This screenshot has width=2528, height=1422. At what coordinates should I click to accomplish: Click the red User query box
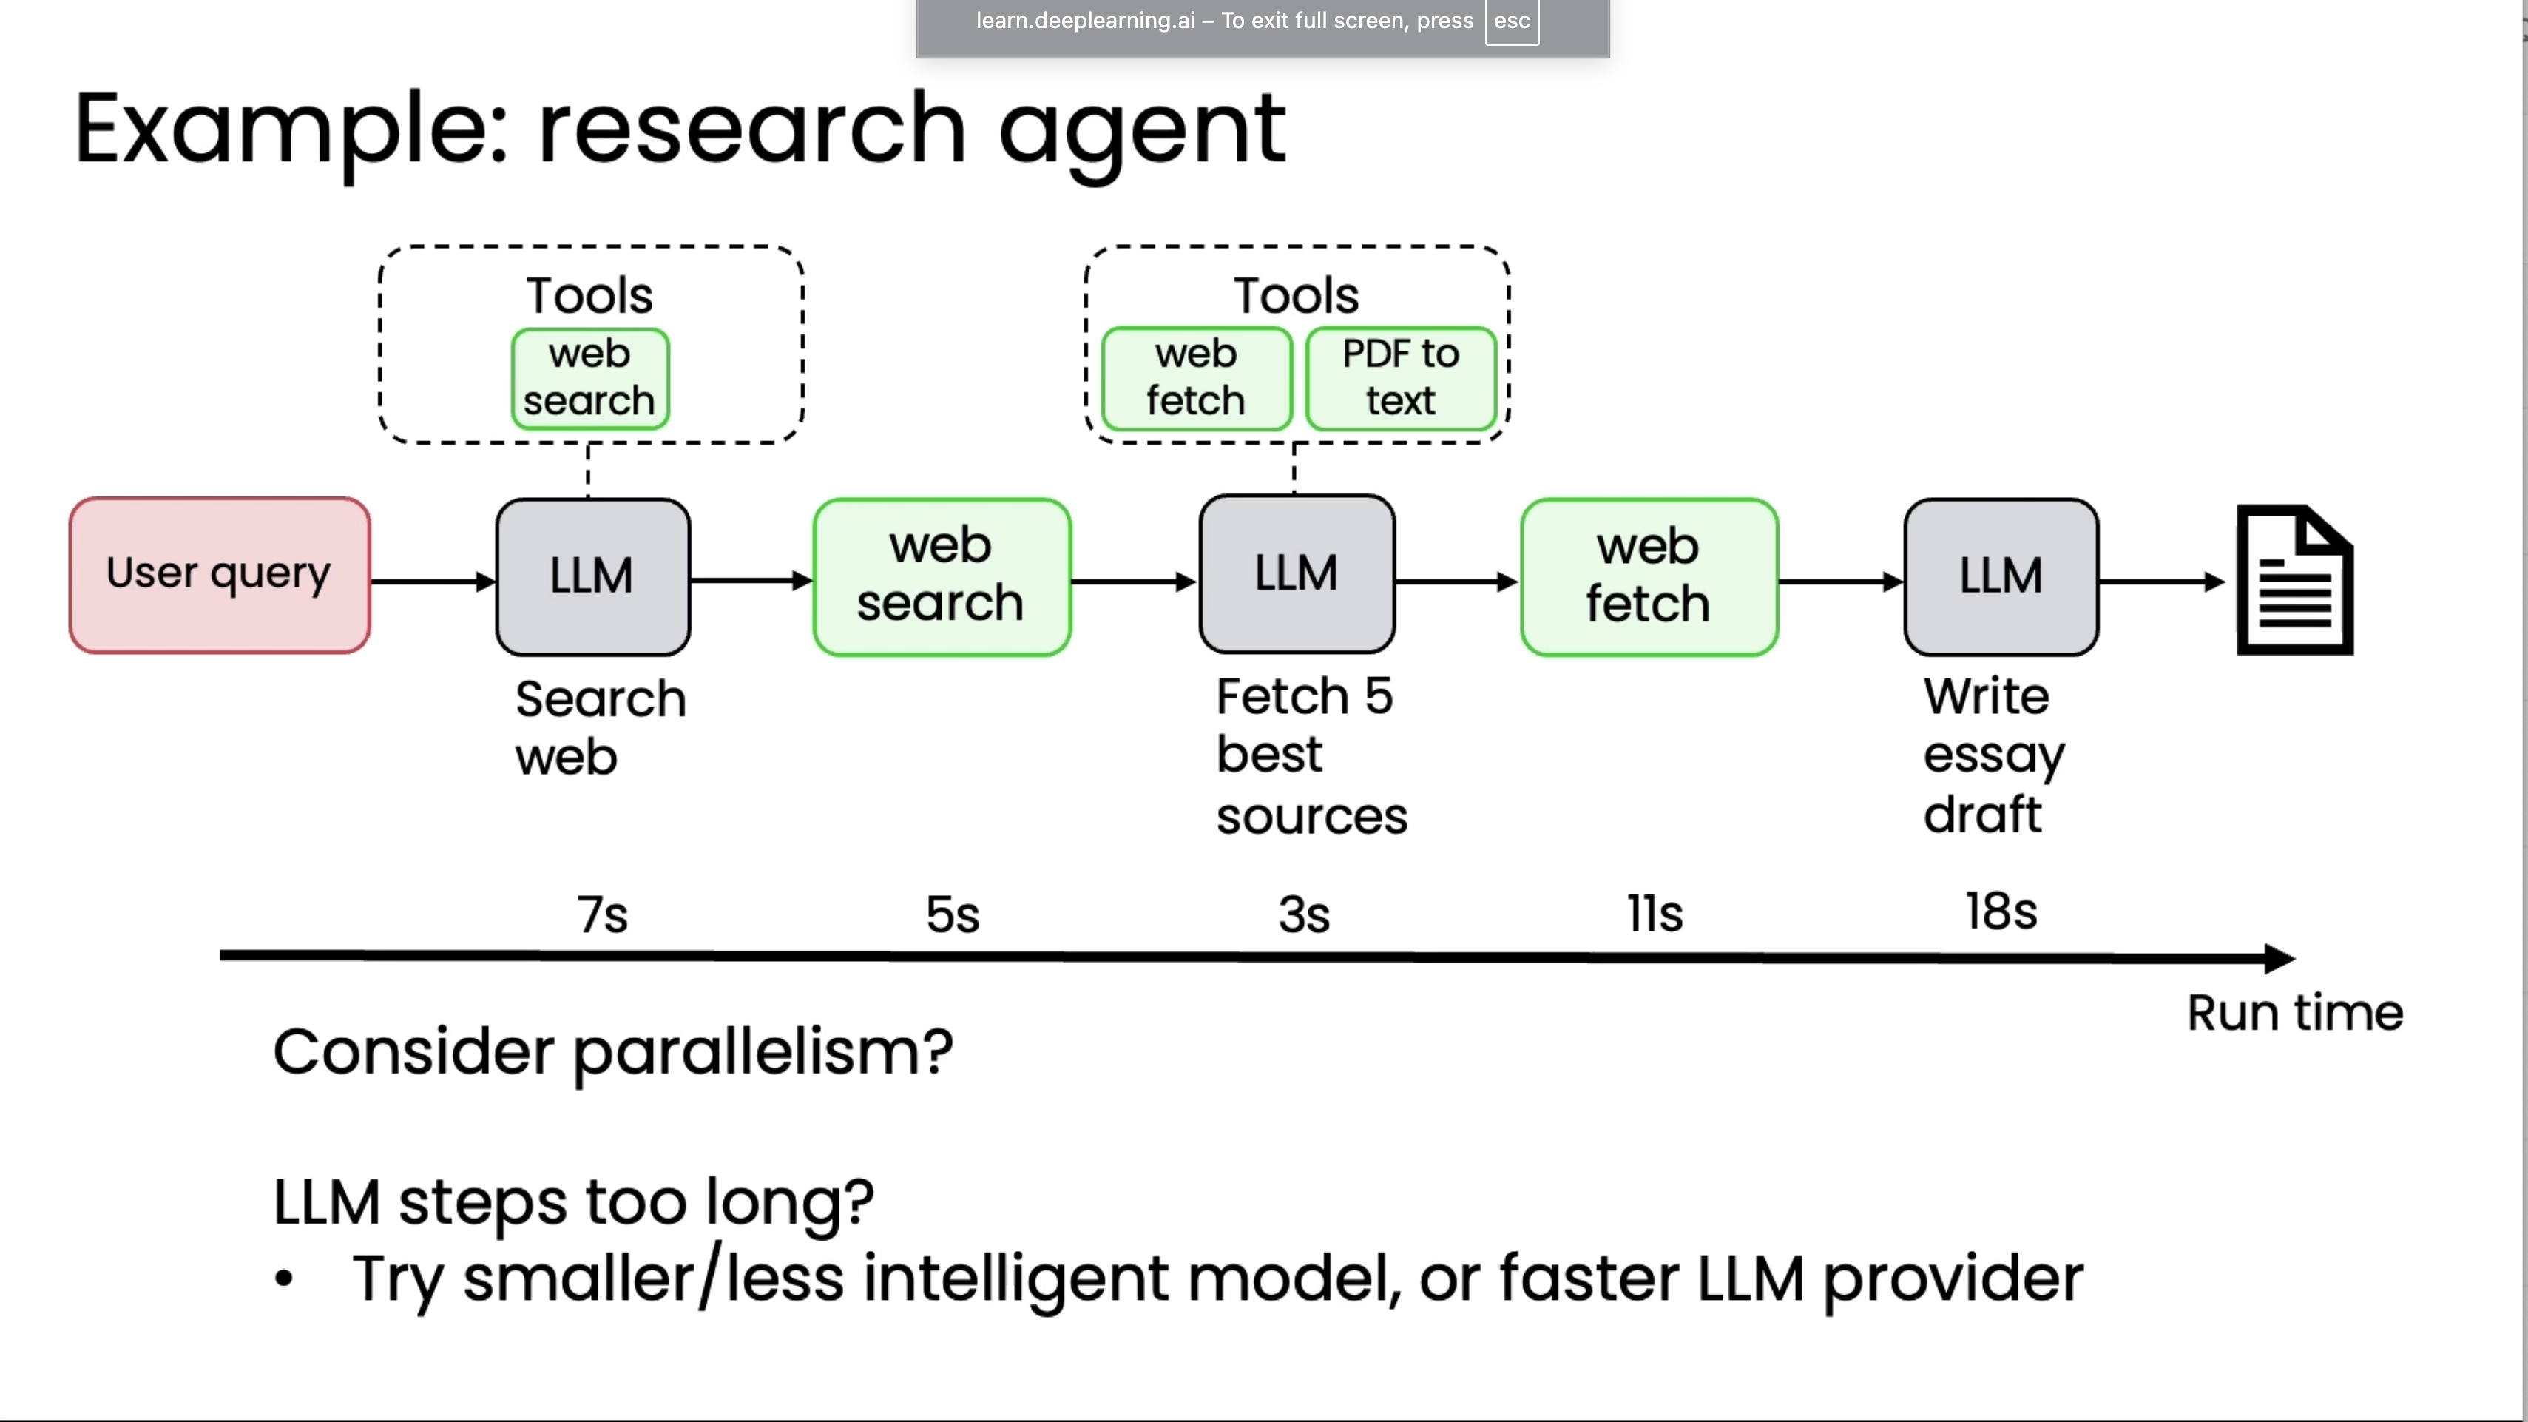pyautogui.click(x=219, y=575)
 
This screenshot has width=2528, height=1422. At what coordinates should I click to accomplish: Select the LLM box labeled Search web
pyautogui.click(x=592, y=577)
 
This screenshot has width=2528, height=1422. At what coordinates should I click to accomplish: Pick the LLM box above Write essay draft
pyautogui.click(x=2001, y=577)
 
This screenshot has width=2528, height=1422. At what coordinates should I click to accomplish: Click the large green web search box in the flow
pyautogui.click(x=941, y=577)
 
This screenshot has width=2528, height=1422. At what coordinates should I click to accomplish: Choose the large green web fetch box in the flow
pyautogui.click(x=1649, y=577)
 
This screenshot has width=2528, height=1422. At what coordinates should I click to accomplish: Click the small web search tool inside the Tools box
pyautogui.click(x=589, y=379)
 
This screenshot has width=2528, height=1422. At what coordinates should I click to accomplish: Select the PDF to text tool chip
pyautogui.click(x=1400, y=379)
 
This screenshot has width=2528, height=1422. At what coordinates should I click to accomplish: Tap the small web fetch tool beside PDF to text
pyautogui.click(x=1195, y=379)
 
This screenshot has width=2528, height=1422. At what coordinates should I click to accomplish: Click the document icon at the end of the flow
pyautogui.click(x=2294, y=580)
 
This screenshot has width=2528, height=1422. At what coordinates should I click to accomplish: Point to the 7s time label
pyautogui.click(x=601, y=914)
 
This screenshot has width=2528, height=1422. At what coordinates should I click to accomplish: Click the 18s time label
pyautogui.click(x=2000, y=912)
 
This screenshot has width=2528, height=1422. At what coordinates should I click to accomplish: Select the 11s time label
pyautogui.click(x=1655, y=914)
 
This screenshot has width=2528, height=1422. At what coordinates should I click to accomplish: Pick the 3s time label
pyautogui.click(x=1303, y=914)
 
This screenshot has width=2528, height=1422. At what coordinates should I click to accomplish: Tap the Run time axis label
pyautogui.click(x=2294, y=1013)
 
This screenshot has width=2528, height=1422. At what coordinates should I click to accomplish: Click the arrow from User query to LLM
pyautogui.click(x=432, y=582)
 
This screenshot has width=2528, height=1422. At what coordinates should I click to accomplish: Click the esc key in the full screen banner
pyautogui.click(x=1511, y=21)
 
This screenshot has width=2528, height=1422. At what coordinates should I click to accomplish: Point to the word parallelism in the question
pyautogui.click(x=762, y=1053)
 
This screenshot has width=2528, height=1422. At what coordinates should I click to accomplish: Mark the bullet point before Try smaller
pyautogui.click(x=283, y=1278)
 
